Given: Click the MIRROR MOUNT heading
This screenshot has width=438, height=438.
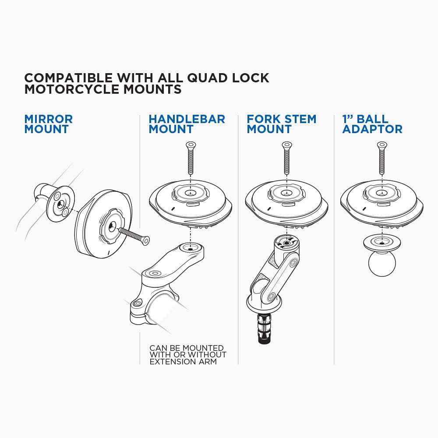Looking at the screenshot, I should coord(48,124).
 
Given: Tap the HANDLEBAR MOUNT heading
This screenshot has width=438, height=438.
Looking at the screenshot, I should coord(187,124).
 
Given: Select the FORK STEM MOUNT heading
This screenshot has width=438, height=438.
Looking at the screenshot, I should coord(281,124).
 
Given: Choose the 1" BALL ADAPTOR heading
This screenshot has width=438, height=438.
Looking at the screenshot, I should coord(372,124).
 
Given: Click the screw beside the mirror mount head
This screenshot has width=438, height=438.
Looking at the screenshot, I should coord(133,236).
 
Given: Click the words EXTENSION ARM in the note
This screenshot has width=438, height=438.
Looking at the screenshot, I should coord(183,362).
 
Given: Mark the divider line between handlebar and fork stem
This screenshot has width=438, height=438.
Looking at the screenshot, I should coord(238,241).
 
